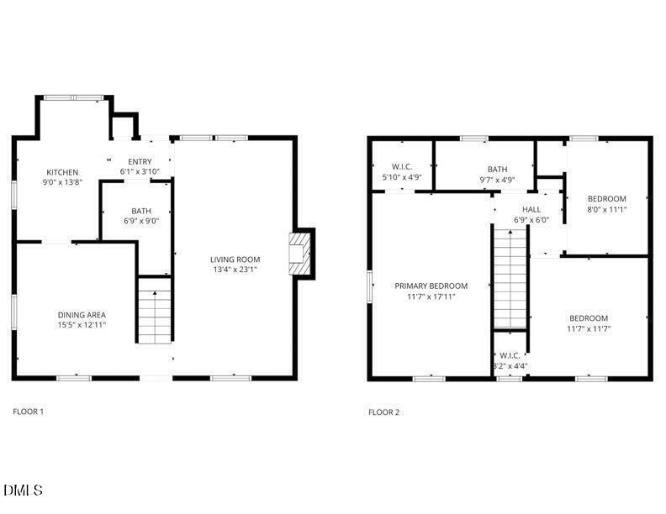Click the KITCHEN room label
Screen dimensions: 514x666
[x=63, y=171]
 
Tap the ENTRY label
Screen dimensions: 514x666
[x=140, y=161]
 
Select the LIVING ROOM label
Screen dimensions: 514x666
[x=235, y=260]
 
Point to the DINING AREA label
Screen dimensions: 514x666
[x=82, y=315]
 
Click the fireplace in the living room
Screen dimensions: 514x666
[x=299, y=253]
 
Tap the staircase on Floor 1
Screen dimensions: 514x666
[x=155, y=315]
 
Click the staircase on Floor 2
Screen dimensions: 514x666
[x=510, y=281]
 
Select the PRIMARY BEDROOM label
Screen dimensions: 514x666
[x=431, y=286]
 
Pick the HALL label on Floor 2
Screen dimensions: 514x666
[x=531, y=210]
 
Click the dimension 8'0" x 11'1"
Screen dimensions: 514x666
[x=606, y=209]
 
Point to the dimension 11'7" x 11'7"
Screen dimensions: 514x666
[x=589, y=328]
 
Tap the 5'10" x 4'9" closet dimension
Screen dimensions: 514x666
[x=400, y=177]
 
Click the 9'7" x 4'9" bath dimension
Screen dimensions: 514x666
[x=497, y=180]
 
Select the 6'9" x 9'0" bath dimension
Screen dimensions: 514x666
[x=140, y=222]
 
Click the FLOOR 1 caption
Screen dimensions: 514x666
[x=28, y=412]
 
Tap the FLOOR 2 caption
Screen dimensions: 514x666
[x=383, y=412]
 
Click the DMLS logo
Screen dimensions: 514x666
[x=23, y=490]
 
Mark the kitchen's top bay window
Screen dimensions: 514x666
[x=73, y=97]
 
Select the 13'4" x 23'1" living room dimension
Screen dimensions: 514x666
[x=235, y=270]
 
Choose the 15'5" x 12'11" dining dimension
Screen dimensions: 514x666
[x=82, y=325]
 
